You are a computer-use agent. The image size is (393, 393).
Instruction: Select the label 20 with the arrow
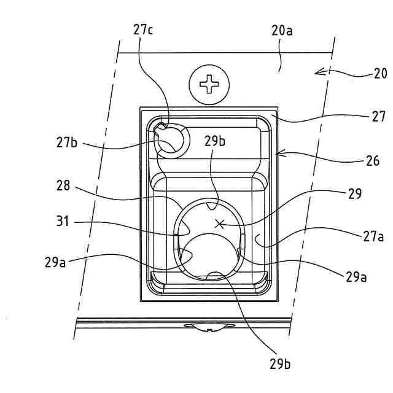pos(380,74)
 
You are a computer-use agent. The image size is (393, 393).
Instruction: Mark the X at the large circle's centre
pos(219,224)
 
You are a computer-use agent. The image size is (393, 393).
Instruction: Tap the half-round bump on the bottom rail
pos(209,326)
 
